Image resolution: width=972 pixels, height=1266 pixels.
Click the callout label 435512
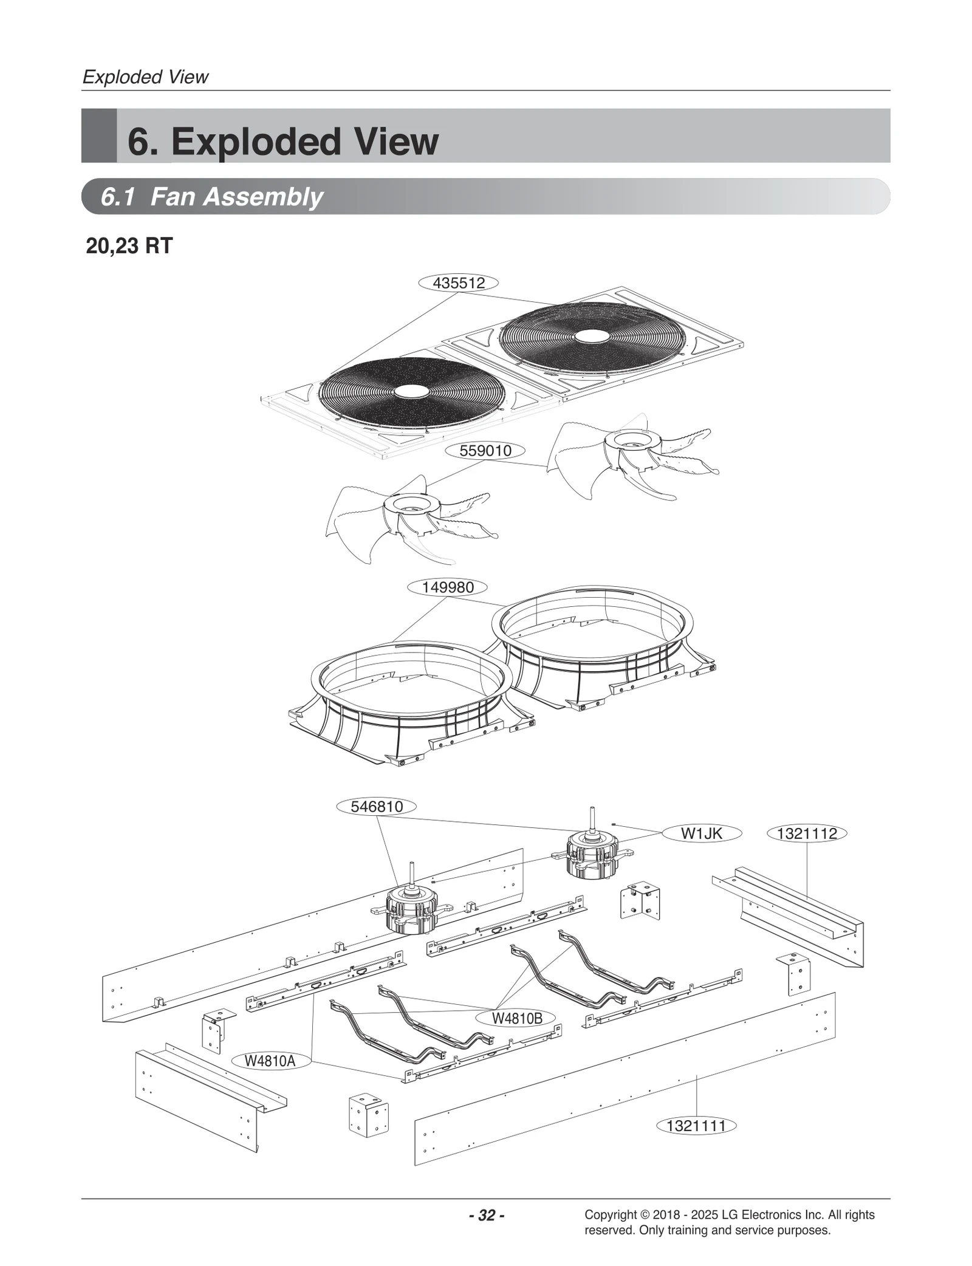[459, 283]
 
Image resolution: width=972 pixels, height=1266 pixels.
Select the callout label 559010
[485, 451]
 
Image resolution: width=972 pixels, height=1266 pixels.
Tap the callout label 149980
[448, 587]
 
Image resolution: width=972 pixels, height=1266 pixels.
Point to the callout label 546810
[377, 807]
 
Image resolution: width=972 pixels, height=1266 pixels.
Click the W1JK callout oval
[701, 833]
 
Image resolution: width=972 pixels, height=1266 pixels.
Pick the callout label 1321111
[696, 1126]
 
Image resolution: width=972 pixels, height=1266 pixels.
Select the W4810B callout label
[516, 1019]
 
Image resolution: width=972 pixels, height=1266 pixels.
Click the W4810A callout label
[270, 1061]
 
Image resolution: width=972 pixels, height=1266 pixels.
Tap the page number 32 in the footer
[487, 1216]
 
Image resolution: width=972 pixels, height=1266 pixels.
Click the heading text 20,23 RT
[129, 246]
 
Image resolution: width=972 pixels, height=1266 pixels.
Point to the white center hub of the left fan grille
[411, 392]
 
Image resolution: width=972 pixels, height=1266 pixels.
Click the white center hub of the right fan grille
[587, 335]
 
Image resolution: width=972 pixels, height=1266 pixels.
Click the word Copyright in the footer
[610, 1215]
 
